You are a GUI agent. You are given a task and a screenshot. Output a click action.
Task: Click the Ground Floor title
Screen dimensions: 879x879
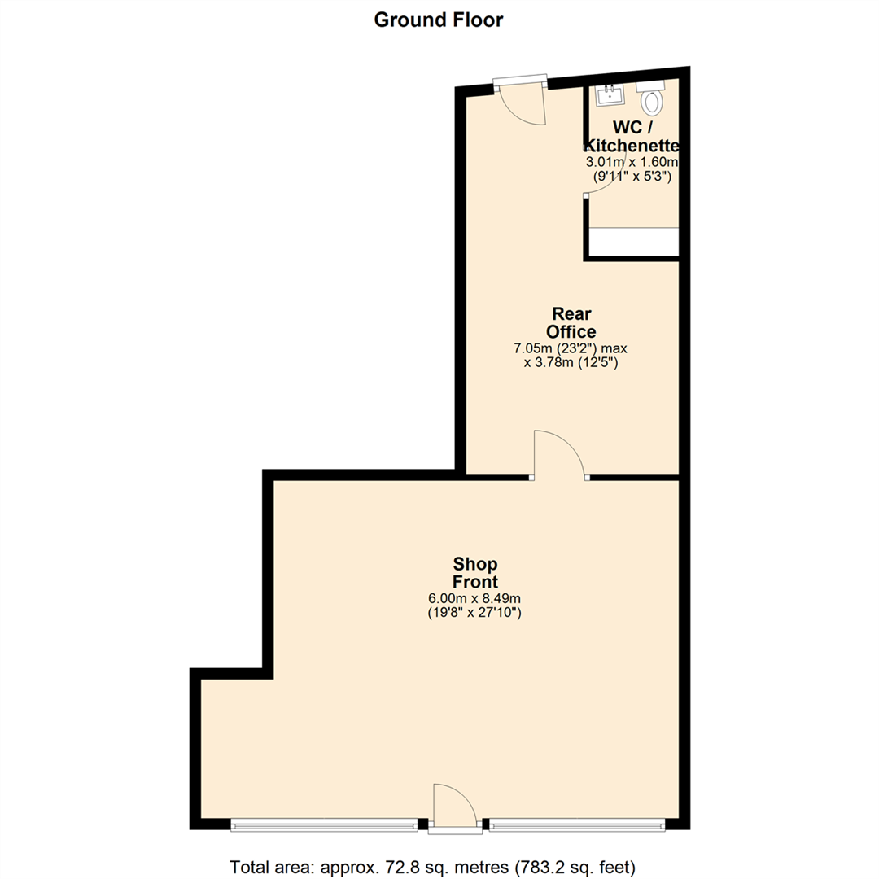(439, 20)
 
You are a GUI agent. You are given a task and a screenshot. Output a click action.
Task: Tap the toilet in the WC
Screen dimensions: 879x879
(652, 100)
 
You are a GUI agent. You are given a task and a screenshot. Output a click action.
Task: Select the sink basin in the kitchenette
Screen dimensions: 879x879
(609, 95)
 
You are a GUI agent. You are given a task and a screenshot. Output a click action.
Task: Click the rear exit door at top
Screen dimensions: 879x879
(521, 102)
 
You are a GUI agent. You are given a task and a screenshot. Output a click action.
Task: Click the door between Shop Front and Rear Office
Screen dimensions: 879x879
(559, 456)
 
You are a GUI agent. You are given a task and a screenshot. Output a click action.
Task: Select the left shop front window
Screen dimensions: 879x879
(325, 825)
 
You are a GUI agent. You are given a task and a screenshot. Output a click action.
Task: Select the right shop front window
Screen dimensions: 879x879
(576, 825)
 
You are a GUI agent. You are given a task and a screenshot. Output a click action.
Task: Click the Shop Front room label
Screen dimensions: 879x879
(475, 573)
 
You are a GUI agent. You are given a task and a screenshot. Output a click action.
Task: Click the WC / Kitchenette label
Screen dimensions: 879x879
(632, 137)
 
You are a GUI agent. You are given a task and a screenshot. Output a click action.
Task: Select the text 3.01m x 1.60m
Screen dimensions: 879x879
(632, 162)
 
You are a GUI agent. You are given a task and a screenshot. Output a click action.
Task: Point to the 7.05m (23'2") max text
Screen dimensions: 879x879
(570, 348)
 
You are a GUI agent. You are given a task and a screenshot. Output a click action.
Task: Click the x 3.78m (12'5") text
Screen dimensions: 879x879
(571, 363)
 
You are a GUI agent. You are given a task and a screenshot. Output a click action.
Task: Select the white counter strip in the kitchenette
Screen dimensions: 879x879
(633, 241)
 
